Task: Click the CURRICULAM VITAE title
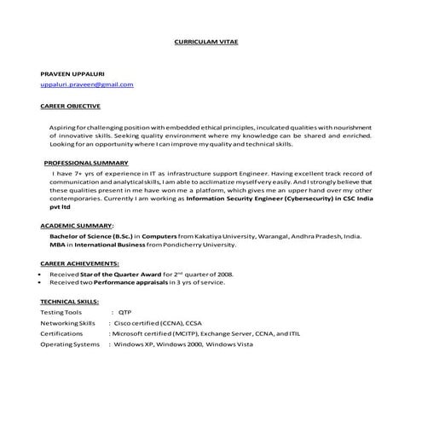[x=210, y=41]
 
